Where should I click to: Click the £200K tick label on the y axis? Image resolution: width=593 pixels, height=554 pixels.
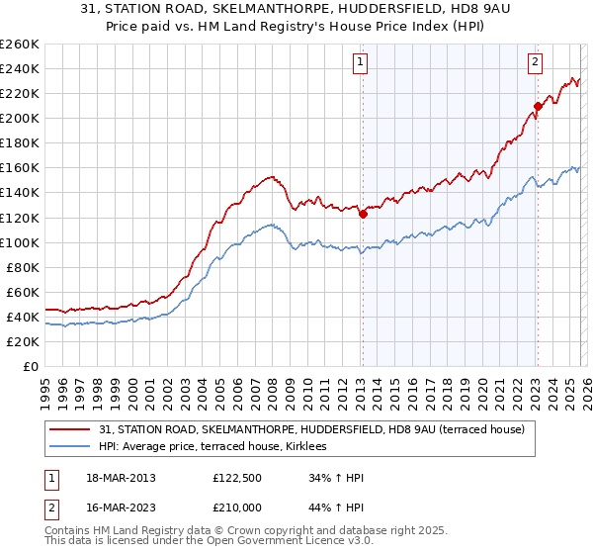pyautogui.click(x=19, y=118)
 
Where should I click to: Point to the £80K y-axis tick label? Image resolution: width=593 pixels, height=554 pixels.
pyautogui.click(x=22, y=267)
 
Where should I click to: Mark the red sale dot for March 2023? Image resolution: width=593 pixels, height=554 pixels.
pyautogui.click(x=538, y=106)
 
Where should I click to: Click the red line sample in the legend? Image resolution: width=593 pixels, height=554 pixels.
pyautogui.click(x=70, y=429)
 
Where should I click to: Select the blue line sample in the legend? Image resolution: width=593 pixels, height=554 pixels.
pyautogui.click(x=70, y=447)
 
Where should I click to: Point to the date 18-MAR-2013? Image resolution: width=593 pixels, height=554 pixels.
pyautogui.click(x=120, y=478)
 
